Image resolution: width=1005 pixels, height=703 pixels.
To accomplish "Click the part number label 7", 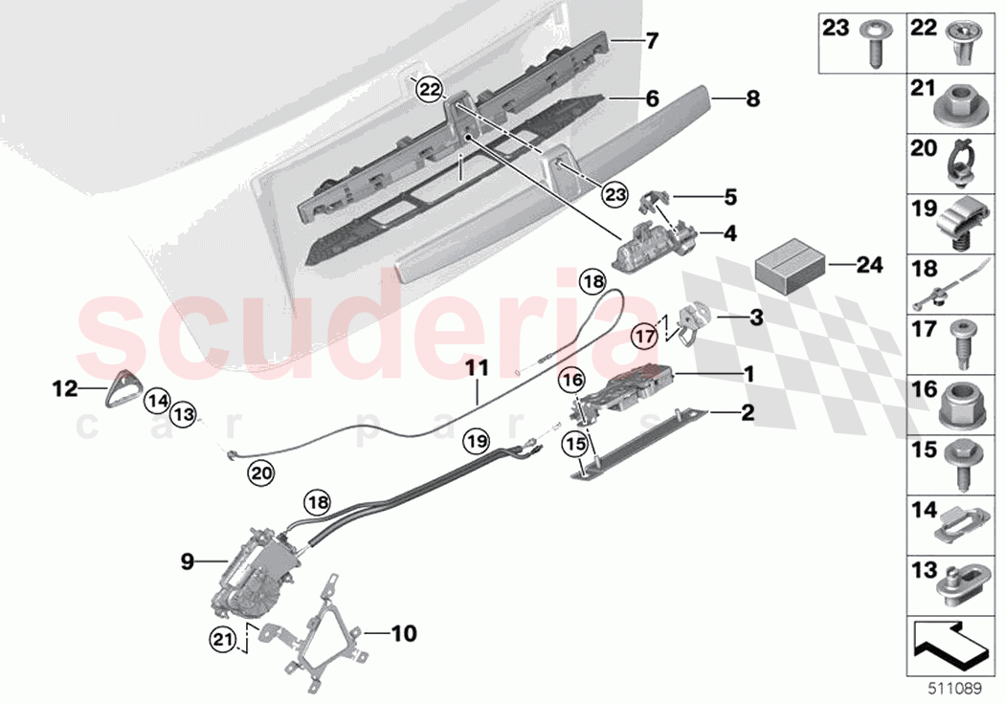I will (653, 42).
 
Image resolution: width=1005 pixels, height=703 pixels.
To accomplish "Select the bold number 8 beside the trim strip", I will (752, 98).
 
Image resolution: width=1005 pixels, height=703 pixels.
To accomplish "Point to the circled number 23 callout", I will (614, 195).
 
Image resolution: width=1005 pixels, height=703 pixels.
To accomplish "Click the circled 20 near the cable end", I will (259, 470).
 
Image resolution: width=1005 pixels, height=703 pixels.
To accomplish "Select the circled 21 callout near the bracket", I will (223, 638).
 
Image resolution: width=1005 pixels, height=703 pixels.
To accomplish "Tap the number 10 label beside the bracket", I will (405, 632).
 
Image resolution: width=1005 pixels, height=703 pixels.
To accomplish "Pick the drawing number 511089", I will (960, 685).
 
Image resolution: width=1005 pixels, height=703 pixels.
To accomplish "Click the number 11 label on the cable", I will (477, 366).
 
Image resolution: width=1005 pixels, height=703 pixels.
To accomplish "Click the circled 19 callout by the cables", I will (477, 441).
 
